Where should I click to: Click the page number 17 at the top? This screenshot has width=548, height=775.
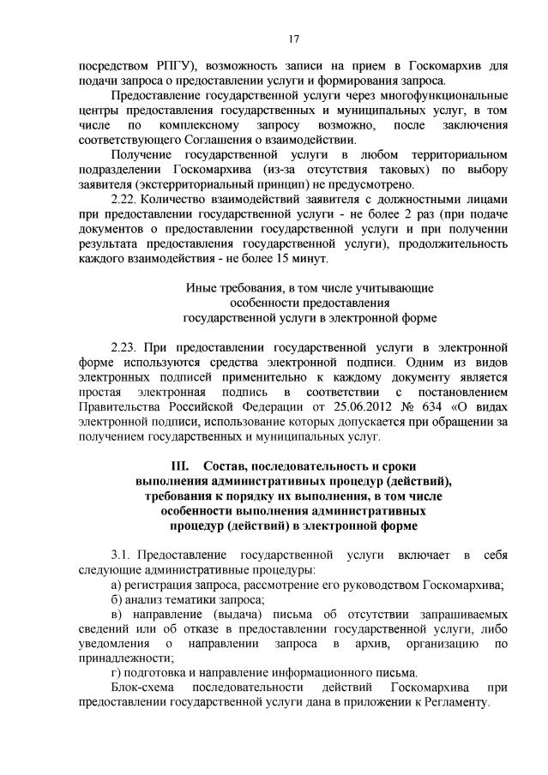[x=292, y=39]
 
